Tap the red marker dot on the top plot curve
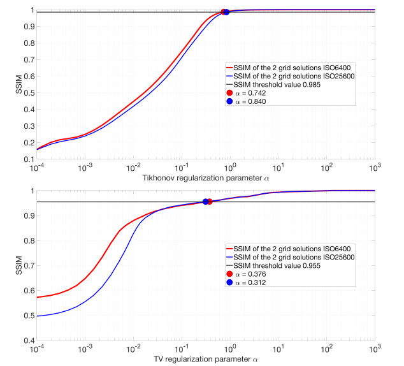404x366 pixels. pos(224,12)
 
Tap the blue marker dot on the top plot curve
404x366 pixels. pos(226,11)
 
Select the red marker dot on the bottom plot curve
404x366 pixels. pos(209,201)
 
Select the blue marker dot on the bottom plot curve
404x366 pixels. pos(205,201)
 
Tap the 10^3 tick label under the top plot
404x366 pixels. pos(374,168)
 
